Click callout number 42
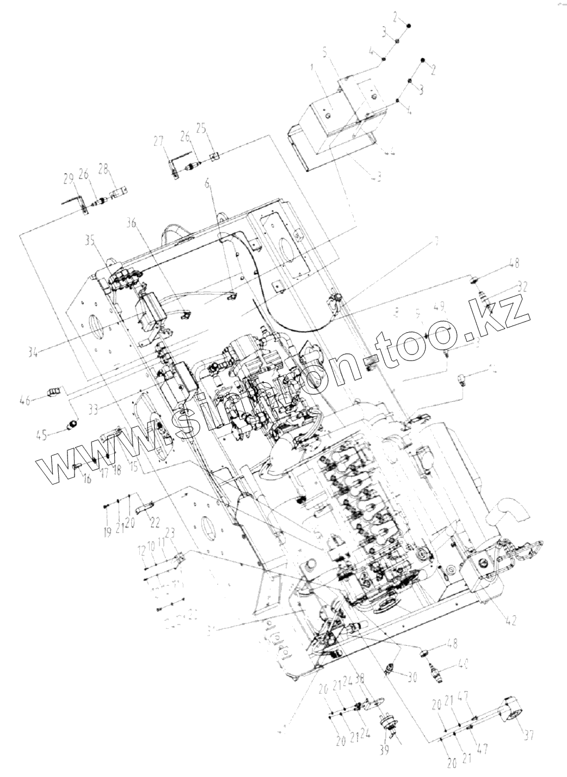pos(510,620)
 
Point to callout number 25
pos(201,129)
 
